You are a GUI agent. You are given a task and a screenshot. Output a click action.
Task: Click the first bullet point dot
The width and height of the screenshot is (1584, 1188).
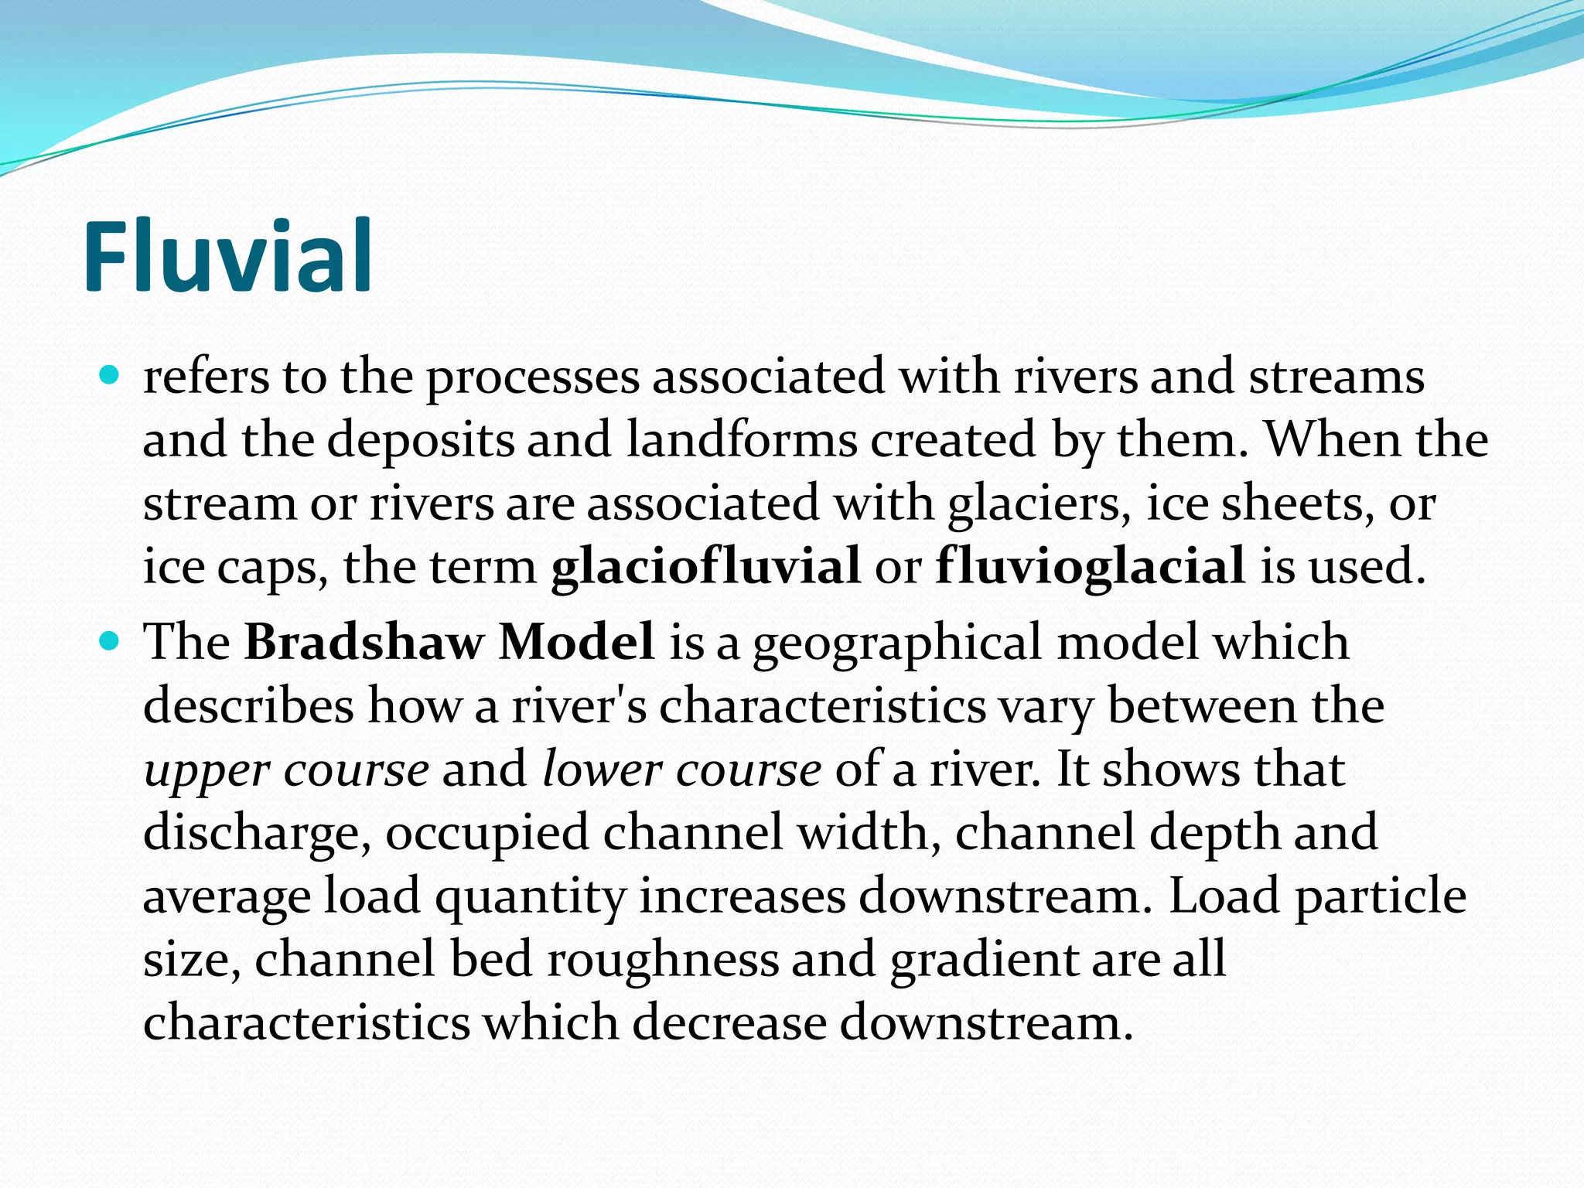(x=111, y=376)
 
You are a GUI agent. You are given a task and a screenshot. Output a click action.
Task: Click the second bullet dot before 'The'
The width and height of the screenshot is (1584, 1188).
(x=111, y=641)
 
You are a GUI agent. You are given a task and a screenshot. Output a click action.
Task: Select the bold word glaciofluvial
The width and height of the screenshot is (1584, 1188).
(x=705, y=567)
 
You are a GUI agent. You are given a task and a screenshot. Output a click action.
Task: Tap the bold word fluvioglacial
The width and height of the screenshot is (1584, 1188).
(x=1090, y=567)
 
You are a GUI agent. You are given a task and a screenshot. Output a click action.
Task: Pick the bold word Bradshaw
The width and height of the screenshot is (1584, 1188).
(x=364, y=642)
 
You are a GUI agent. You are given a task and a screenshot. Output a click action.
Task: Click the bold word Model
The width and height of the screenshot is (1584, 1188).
(x=576, y=642)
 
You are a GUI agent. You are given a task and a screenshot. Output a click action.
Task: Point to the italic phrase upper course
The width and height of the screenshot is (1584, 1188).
(x=286, y=770)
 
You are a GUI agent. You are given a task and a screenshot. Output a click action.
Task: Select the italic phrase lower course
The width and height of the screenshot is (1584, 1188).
(x=681, y=770)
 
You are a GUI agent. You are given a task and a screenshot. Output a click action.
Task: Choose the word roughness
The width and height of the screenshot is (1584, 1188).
(x=663, y=960)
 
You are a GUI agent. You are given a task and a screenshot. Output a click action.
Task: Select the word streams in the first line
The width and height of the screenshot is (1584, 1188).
(x=1336, y=377)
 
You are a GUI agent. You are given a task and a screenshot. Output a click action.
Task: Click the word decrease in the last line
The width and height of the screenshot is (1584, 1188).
(x=729, y=1023)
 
